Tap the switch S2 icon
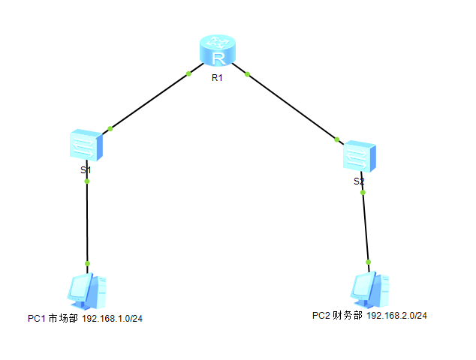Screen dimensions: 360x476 [359, 157]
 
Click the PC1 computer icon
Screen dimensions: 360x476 [86, 292]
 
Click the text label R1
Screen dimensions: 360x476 [218, 79]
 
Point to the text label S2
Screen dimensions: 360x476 [359, 181]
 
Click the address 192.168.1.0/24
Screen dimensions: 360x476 [112, 319]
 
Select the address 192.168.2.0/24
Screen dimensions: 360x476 [396, 316]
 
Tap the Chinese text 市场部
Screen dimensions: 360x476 [63, 319]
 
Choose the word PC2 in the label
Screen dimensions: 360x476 [322, 316]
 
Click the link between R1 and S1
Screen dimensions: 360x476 [149, 101]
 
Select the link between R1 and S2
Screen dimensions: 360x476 [292, 106]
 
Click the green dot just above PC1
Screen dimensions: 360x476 [87, 263]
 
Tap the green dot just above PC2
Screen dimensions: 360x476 [369, 262]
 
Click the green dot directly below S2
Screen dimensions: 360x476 [363, 193]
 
